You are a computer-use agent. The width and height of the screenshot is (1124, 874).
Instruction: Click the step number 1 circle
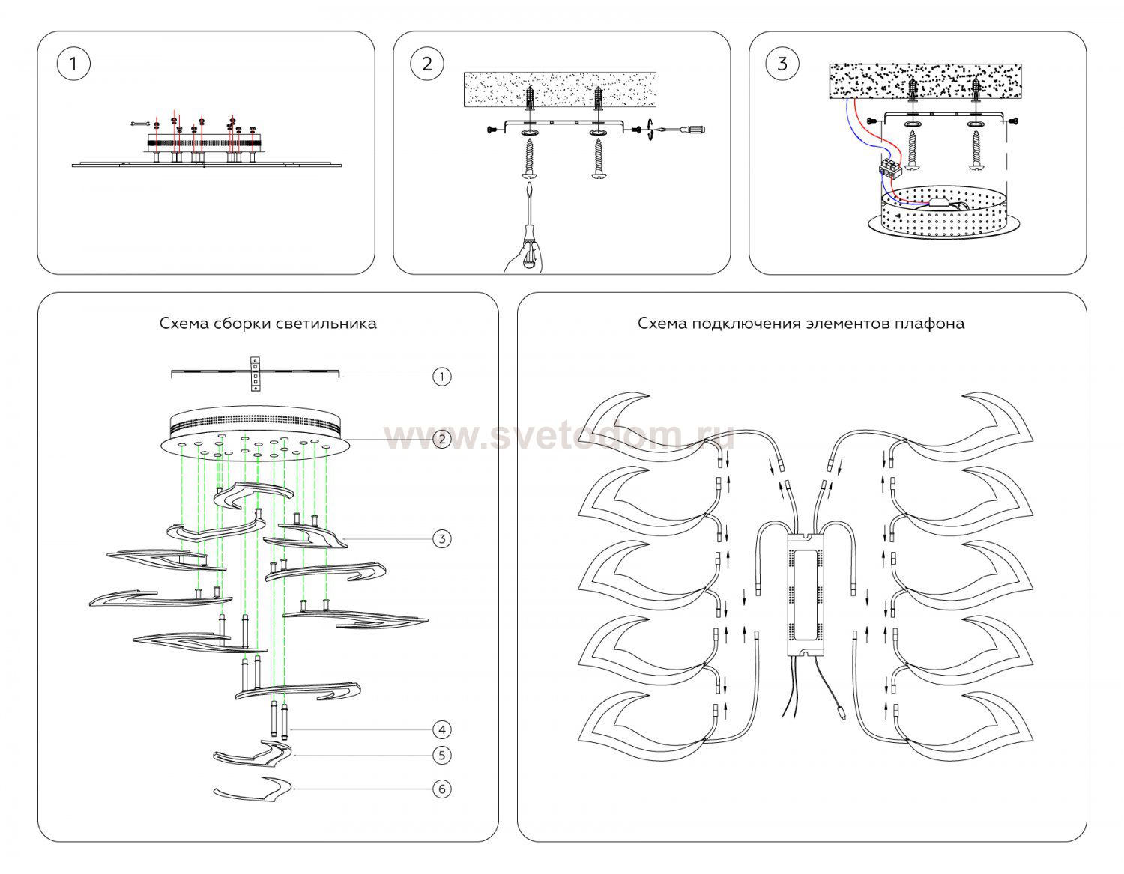click(x=73, y=64)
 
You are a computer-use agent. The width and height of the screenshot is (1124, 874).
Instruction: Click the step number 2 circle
click(x=427, y=64)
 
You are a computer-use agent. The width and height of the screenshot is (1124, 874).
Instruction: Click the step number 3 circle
click(x=782, y=64)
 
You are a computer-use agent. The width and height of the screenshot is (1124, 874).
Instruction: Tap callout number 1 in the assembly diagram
click(x=442, y=376)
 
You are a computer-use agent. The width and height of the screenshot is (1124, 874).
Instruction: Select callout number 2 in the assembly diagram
click(x=442, y=439)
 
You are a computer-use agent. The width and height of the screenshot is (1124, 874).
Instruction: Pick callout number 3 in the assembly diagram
click(x=442, y=538)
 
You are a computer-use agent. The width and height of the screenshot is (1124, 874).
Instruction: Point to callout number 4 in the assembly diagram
click(x=442, y=729)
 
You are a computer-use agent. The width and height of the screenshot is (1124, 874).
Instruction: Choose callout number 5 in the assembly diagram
click(x=442, y=755)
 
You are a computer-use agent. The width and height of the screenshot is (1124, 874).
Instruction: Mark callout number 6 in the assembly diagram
click(x=442, y=789)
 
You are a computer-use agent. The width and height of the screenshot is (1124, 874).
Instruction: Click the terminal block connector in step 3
click(x=889, y=166)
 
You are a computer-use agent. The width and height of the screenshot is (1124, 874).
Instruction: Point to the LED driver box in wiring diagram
click(x=805, y=592)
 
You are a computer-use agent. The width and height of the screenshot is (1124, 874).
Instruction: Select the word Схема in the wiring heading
click(x=662, y=324)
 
